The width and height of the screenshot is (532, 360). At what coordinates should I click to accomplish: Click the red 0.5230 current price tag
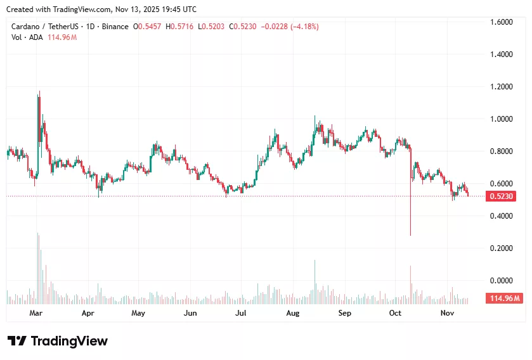pos(502,196)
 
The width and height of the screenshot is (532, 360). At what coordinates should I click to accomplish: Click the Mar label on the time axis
pos(36,313)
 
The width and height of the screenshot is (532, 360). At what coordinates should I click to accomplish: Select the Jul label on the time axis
pos(240,313)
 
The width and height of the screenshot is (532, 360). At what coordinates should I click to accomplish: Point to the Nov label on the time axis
pos(448,313)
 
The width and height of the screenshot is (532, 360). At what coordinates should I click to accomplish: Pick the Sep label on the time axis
pos(344,313)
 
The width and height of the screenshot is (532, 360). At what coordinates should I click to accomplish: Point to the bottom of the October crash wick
pos(410,235)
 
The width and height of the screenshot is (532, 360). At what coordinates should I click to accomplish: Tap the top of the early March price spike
pos(40,91)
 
